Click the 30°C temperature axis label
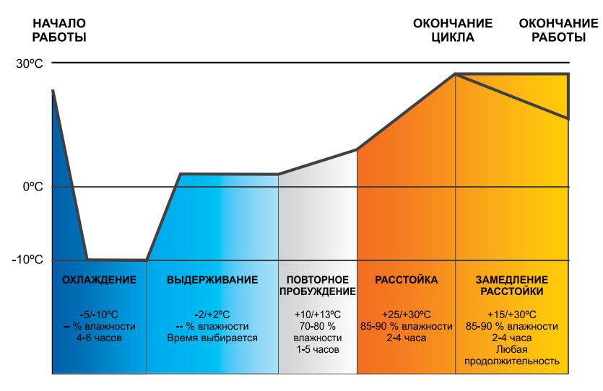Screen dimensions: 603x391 pos(30,63)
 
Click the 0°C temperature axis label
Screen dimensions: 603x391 pos(32,187)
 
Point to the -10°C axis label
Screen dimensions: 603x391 pos(27,260)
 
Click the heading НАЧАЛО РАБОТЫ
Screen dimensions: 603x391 pos(59,30)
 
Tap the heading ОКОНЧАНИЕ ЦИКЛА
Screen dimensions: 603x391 pos(453,30)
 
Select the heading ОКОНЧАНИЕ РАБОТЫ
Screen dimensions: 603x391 pos(558,30)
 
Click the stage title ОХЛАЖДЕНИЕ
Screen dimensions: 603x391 pos(99,280)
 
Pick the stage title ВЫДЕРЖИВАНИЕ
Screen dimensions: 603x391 pos(212,280)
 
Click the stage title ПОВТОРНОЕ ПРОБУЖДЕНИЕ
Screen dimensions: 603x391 pos(318,286)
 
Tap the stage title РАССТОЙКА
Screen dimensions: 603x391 pos(407,280)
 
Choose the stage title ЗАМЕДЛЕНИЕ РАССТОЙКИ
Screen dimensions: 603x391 pos(512,286)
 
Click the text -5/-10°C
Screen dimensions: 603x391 pos(99,315)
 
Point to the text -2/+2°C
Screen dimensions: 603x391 pos(212,315)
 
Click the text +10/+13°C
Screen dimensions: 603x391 pos(318,315)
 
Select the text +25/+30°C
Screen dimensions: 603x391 pos(407,315)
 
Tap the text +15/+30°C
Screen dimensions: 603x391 pos(512,315)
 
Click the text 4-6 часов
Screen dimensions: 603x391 pos(99,338)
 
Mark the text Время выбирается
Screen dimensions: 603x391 pos(212,338)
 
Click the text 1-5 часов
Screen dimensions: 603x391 pos(318,349)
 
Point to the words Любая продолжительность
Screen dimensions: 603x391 pos(512,355)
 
